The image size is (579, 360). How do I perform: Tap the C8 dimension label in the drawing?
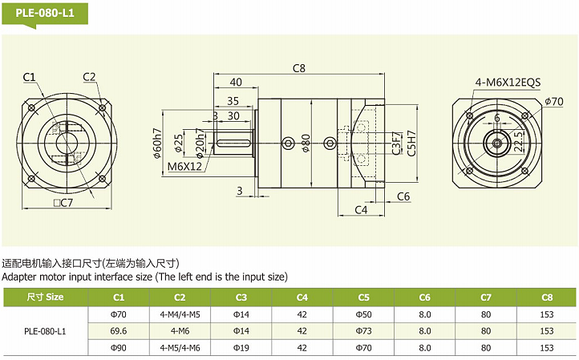(299, 68)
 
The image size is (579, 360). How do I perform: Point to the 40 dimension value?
(236, 83)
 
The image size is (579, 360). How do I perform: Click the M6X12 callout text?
(184, 168)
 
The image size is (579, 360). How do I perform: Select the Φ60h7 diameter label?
(157, 142)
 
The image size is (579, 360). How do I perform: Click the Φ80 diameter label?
(306, 143)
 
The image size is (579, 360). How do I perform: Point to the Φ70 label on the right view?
(553, 101)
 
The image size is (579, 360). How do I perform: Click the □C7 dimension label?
(63, 202)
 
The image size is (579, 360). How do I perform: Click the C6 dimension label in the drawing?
(403, 196)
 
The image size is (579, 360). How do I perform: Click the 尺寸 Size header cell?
(45, 297)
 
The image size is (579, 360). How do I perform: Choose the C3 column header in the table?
(241, 297)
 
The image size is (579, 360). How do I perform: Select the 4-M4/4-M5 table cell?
(180, 313)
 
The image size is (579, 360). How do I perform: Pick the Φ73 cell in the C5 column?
(363, 330)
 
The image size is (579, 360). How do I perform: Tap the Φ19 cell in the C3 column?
(241, 348)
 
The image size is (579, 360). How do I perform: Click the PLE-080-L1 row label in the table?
(45, 330)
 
